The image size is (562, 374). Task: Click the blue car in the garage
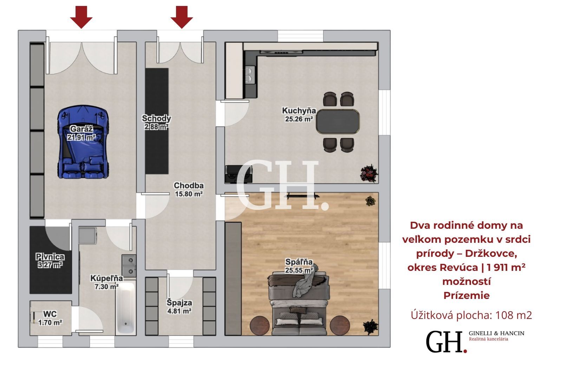point(83,142)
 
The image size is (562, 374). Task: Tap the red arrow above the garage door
point(81,17)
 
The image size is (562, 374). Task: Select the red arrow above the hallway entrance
point(182,17)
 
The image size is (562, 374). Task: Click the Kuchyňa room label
point(299,111)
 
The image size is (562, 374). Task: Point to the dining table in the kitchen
point(338,121)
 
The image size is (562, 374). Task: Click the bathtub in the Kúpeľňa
point(126,308)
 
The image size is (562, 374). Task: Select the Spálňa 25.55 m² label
point(299,266)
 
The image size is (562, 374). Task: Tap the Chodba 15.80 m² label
point(189,190)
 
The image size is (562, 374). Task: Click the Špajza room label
point(179,303)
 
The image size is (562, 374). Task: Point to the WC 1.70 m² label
point(50,318)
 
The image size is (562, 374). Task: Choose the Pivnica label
point(50,257)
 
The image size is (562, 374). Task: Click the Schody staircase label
point(156,118)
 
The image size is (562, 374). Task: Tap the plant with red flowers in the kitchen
point(369,173)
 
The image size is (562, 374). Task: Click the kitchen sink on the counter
point(250,75)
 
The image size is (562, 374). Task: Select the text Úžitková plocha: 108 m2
point(471,315)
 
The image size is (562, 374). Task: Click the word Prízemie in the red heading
point(466,295)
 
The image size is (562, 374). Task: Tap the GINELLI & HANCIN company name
point(497,333)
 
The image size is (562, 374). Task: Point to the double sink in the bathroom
point(129,266)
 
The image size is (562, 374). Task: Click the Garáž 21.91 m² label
point(81,133)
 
